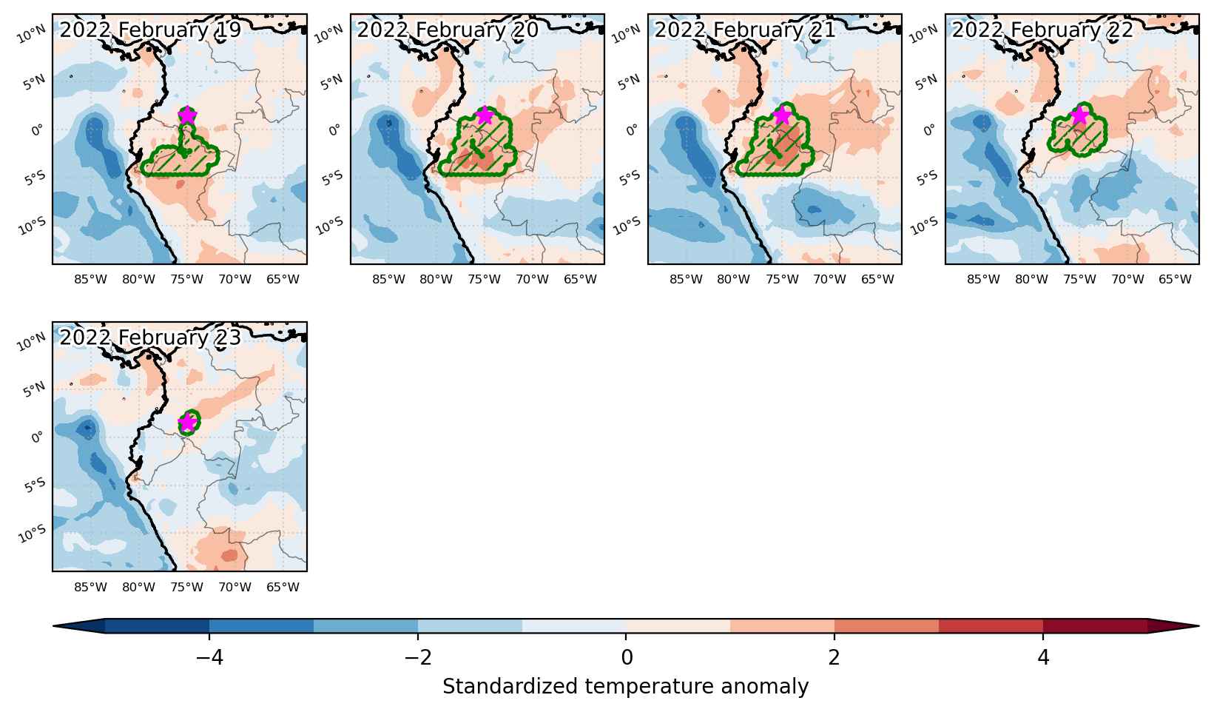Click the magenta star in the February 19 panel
click(x=187, y=115)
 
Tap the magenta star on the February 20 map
click(x=485, y=115)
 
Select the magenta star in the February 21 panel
click(x=782, y=115)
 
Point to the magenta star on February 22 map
click(x=1079, y=115)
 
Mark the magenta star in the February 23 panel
click(x=187, y=423)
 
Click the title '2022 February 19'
click(x=150, y=30)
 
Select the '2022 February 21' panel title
click(x=745, y=30)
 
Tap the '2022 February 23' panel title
click(x=150, y=337)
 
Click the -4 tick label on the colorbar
click(x=209, y=658)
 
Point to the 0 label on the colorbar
click(x=627, y=658)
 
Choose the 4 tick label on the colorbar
click(x=1043, y=658)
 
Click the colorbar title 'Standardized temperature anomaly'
click(x=625, y=687)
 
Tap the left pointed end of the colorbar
click(x=53, y=626)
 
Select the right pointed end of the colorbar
click(x=1198, y=626)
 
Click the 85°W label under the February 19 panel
click(x=90, y=280)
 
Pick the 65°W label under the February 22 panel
click(x=1175, y=280)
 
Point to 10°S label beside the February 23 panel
click(x=32, y=534)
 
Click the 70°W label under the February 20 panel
click(x=532, y=280)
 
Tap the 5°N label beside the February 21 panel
click(x=630, y=82)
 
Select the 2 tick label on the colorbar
click(x=834, y=658)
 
